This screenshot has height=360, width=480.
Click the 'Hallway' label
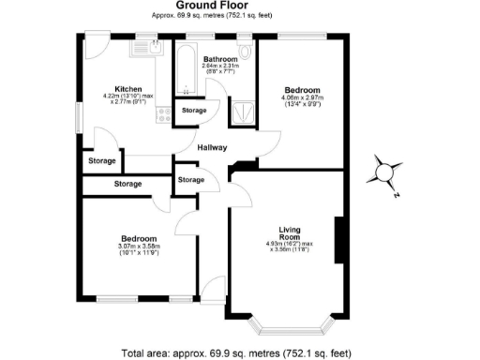pyautogui.click(x=213, y=147)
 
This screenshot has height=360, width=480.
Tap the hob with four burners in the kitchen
pyautogui.click(x=162, y=114)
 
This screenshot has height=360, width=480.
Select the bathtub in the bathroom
pyautogui.click(x=183, y=69)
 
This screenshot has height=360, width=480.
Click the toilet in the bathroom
pyautogui.click(x=245, y=52)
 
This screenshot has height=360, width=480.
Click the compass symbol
pyautogui.click(x=385, y=172)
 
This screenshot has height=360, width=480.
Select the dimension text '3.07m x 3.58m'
pyautogui.click(x=138, y=247)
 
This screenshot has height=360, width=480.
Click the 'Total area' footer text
pyautogui.click(x=236, y=352)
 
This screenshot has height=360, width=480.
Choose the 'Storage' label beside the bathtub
pyautogui.click(x=195, y=111)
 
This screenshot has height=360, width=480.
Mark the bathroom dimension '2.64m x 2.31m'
pyautogui.click(x=221, y=65)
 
